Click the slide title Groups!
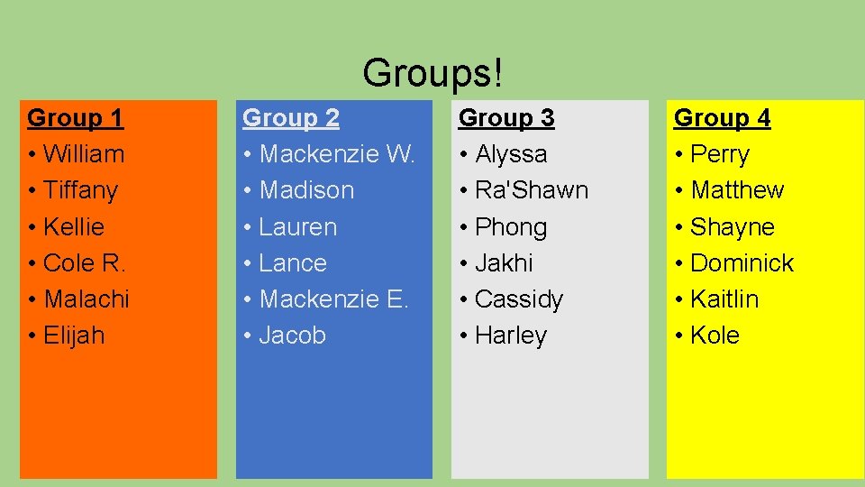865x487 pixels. [432, 71]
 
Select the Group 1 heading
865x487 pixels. [76, 118]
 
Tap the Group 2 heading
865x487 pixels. [291, 118]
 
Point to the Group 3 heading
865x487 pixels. [506, 118]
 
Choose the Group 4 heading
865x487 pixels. [722, 118]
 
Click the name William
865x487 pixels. [83, 154]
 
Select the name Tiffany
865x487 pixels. [80, 190]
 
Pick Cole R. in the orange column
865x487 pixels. [84, 263]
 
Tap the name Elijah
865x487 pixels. [74, 335]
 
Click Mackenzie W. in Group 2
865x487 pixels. [337, 154]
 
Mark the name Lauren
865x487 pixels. [297, 227]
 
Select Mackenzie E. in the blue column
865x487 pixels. [333, 299]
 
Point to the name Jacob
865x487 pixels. [292, 335]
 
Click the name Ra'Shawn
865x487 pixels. [531, 190]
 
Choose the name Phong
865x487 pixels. [510, 227]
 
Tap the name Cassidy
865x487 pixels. [518, 299]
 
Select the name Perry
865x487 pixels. [719, 154]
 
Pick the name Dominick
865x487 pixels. [742, 263]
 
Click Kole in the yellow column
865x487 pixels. [715, 335]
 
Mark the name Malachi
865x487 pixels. [86, 299]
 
